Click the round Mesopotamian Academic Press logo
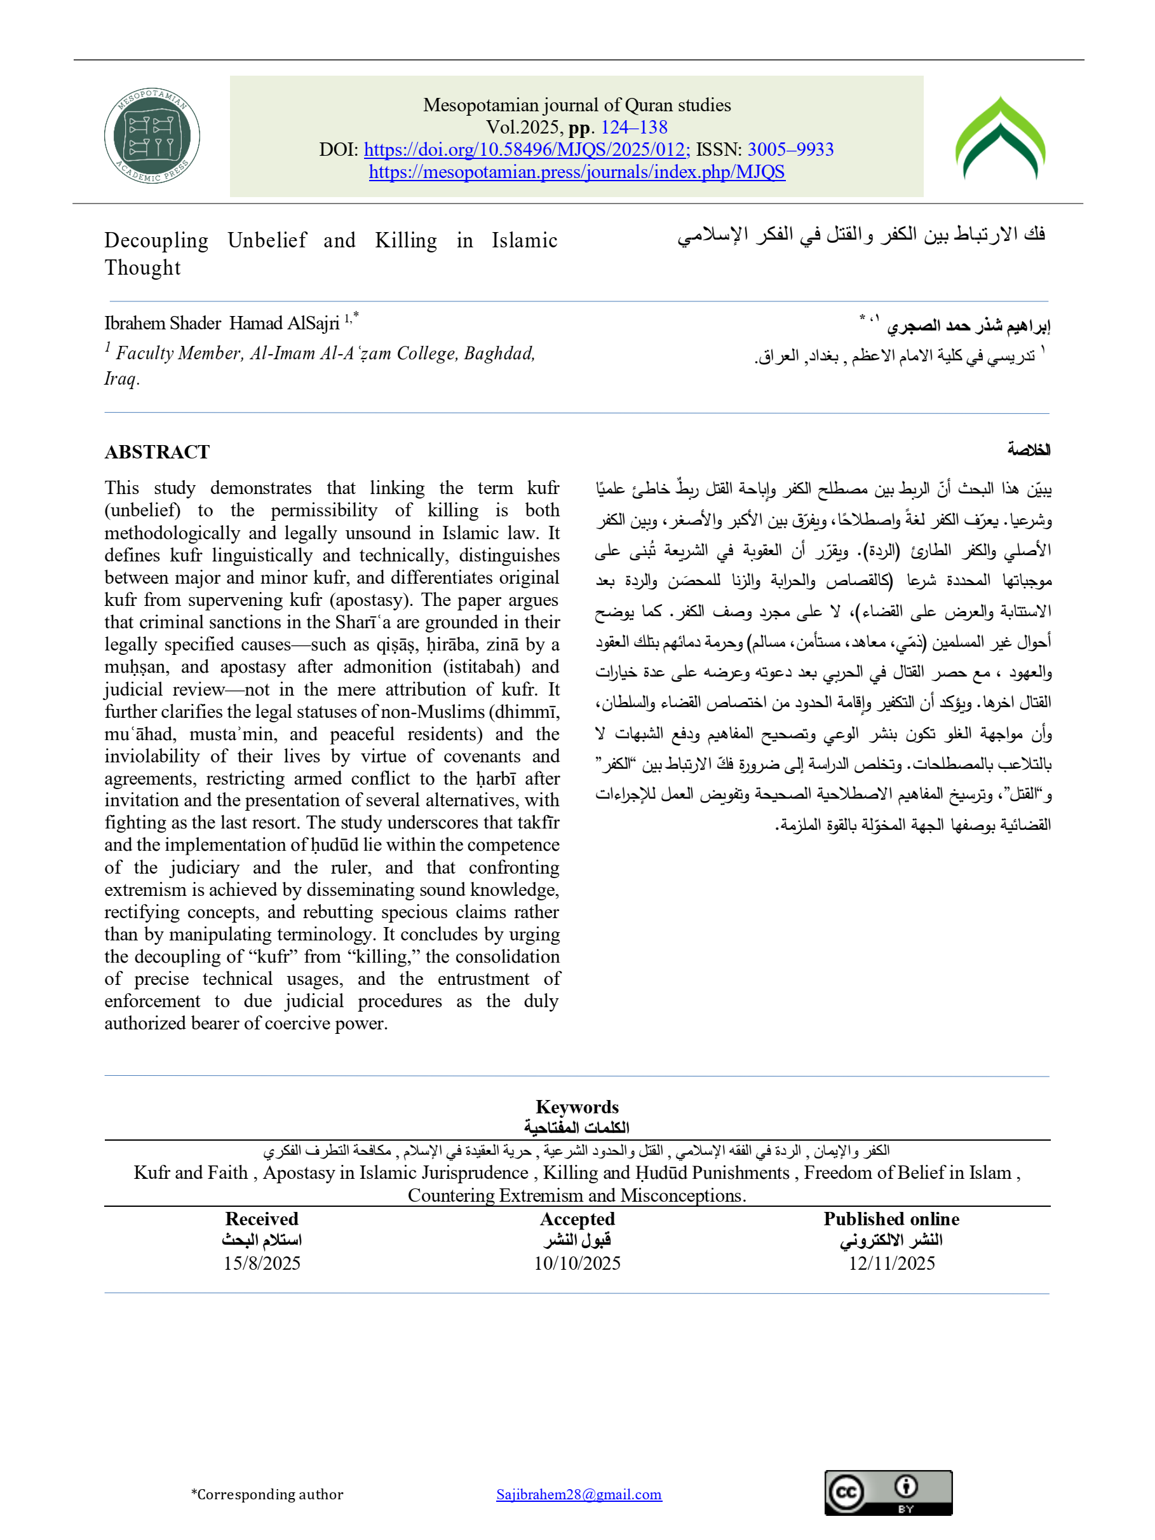[x=152, y=137]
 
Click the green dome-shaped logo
[x=1000, y=139]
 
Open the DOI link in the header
[x=526, y=149]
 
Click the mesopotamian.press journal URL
[x=577, y=172]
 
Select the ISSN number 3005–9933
[x=790, y=149]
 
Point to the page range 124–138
[x=634, y=127]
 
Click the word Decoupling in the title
[x=156, y=241]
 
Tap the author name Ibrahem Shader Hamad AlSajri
[x=222, y=324]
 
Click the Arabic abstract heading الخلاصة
[x=1029, y=450]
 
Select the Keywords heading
[x=577, y=1107]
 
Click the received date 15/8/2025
[x=262, y=1263]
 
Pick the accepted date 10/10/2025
[x=577, y=1263]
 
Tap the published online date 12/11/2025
[x=891, y=1263]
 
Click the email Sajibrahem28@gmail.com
[x=579, y=1494]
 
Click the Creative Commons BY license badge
[x=888, y=1493]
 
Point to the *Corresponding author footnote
[x=267, y=1494]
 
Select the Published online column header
[x=891, y=1219]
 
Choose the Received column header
[x=262, y=1219]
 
